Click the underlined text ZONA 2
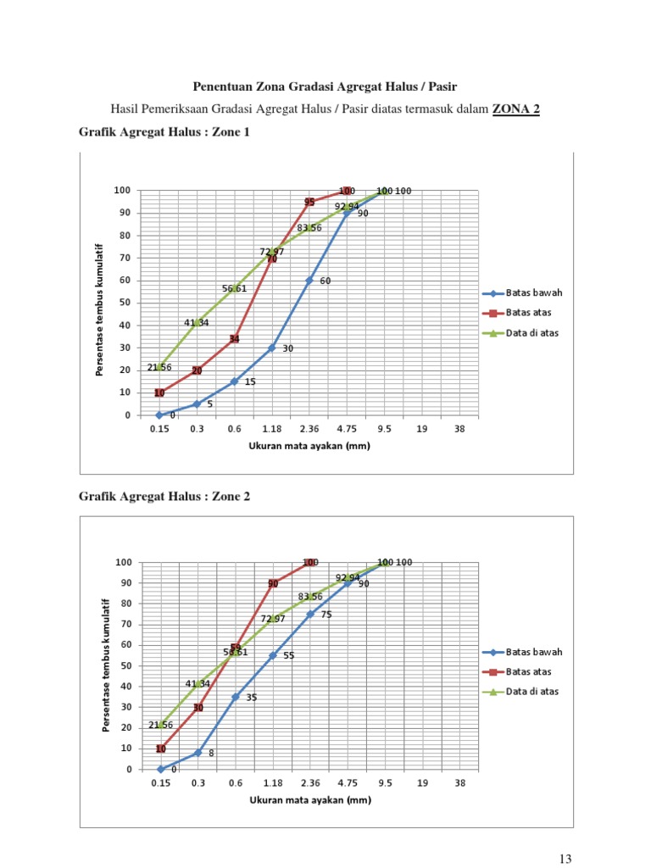[515, 108]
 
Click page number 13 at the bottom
[565, 859]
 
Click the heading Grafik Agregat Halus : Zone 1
[164, 132]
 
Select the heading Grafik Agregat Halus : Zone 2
[164, 496]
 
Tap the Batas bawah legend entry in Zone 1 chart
[534, 293]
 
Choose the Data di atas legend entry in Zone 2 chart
[532, 692]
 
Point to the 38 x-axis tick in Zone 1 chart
[459, 429]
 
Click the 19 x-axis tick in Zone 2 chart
[422, 783]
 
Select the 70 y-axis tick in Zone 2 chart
[125, 625]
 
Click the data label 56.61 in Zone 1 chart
[235, 289]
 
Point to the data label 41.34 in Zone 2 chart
[198, 683]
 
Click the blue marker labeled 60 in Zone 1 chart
[309, 281]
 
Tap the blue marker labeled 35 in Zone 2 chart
[236, 697]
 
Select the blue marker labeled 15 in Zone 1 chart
[235, 381]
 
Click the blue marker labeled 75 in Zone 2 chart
[310, 615]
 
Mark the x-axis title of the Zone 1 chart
[309, 446]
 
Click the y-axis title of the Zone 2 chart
[106, 664]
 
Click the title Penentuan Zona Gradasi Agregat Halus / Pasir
[325, 86]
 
